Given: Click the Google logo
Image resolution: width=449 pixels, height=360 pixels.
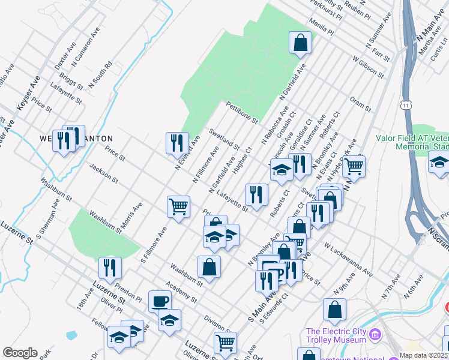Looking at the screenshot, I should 20,353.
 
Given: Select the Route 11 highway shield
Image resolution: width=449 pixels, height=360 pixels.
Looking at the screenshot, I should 407,106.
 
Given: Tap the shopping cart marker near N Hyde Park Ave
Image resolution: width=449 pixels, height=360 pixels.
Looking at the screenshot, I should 354,166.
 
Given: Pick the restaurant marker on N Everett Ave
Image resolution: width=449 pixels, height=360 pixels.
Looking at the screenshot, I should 177,143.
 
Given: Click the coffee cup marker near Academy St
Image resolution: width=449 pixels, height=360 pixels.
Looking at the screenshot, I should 160,301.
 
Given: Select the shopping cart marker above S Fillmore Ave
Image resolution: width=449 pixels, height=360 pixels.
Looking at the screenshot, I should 179,206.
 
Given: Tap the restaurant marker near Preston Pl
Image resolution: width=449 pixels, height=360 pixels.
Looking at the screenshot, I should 110,268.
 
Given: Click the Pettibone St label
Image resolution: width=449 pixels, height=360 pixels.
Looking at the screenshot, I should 241,112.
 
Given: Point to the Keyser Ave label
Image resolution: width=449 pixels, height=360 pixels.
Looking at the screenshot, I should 28,93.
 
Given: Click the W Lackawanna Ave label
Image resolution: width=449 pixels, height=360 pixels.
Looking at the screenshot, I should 348,260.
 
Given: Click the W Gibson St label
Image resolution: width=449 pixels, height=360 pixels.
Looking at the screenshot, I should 368,67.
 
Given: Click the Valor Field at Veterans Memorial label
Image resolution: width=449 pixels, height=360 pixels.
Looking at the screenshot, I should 412,142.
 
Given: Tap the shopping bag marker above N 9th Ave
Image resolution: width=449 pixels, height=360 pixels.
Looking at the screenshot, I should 334,310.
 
